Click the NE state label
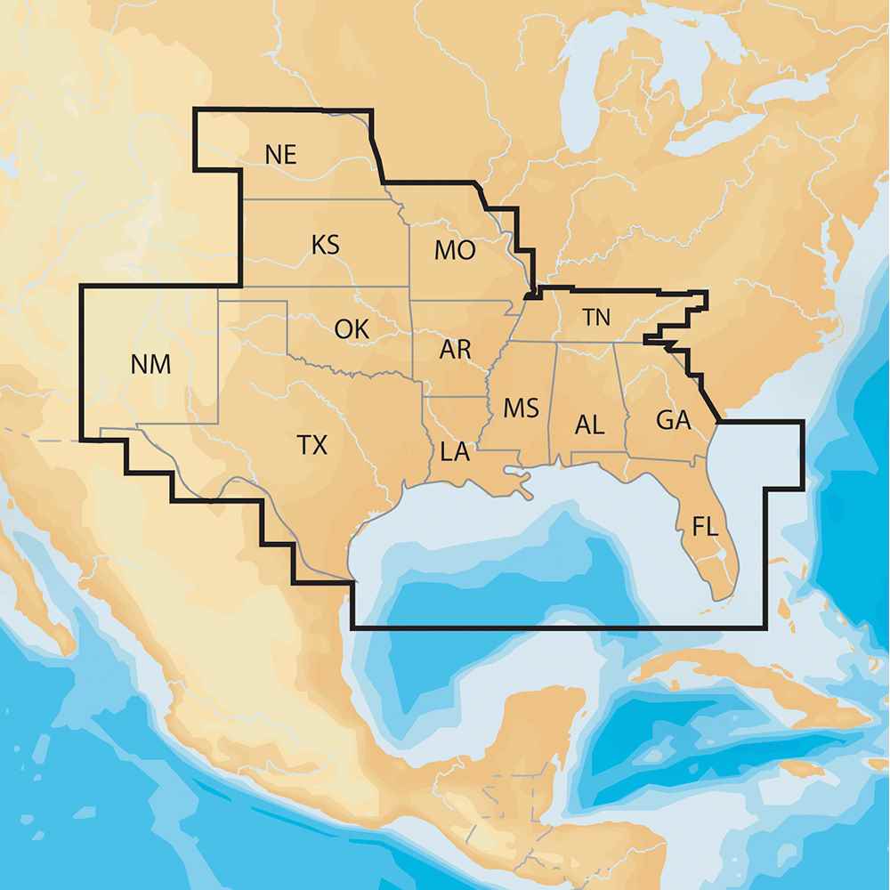279,154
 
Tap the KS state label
325,245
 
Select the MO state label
454,251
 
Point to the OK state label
351,328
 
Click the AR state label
455,349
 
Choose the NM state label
150,363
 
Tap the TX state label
311,445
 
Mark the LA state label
454,452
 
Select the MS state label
521,409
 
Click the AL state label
589,425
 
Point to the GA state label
673,420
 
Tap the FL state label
705,527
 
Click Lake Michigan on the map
587,98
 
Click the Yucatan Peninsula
543,730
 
